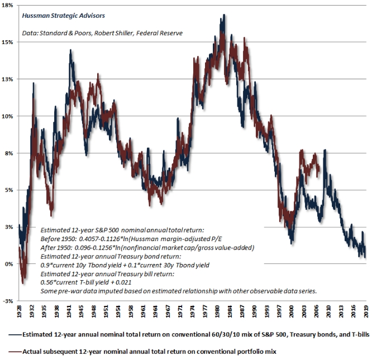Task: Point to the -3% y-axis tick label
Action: (x=8, y=301)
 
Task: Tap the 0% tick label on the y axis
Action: (x=9, y=264)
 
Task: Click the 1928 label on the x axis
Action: (x=20, y=311)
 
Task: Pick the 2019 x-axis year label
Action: (x=366, y=311)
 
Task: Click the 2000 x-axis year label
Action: (x=292, y=311)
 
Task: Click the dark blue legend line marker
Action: (x=12, y=335)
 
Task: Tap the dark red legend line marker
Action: (x=12, y=352)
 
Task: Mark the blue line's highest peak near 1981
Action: (x=224, y=16)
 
